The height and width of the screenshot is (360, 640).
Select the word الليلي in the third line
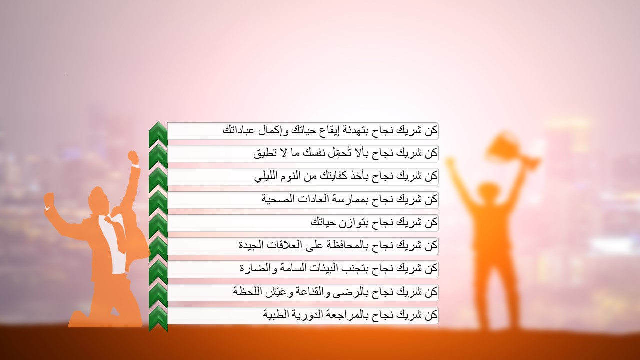pyautogui.click(x=268, y=176)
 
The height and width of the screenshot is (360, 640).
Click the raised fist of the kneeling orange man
pyautogui.click(x=133, y=157)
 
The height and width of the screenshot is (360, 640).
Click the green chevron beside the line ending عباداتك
pyautogui.click(x=158, y=132)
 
